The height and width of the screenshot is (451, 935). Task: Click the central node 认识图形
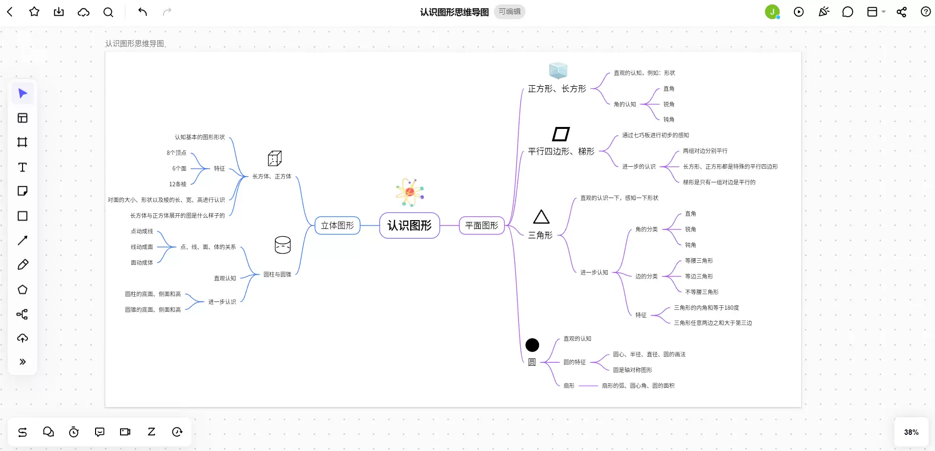click(x=410, y=225)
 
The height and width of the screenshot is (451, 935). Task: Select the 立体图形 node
click(x=337, y=225)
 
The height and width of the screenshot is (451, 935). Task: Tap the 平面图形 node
click(x=482, y=225)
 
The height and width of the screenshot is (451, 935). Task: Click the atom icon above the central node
click(x=410, y=193)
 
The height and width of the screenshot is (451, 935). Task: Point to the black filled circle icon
click(x=532, y=345)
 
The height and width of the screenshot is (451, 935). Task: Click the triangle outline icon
click(x=541, y=217)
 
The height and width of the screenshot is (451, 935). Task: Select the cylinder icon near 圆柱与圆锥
click(x=283, y=245)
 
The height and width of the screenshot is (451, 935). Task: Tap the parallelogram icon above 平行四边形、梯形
click(x=561, y=134)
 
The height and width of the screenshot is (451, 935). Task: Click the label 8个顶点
click(x=176, y=153)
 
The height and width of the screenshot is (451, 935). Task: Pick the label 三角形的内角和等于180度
click(x=706, y=308)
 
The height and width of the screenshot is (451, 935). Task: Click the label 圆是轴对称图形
click(x=633, y=370)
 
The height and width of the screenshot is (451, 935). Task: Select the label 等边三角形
click(x=699, y=276)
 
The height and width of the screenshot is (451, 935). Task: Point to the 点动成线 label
click(x=142, y=231)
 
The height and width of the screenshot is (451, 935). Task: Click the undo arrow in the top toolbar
click(x=142, y=12)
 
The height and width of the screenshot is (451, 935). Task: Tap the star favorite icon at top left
click(x=34, y=12)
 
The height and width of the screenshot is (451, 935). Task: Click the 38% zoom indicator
click(x=911, y=432)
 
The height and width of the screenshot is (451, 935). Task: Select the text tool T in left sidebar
click(x=23, y=167)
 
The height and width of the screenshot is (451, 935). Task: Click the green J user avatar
click(x=772, y=12)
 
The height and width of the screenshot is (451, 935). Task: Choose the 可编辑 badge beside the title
click(x=510, y=12)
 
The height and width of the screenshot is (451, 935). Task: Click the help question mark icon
click(x=926, y=12)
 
